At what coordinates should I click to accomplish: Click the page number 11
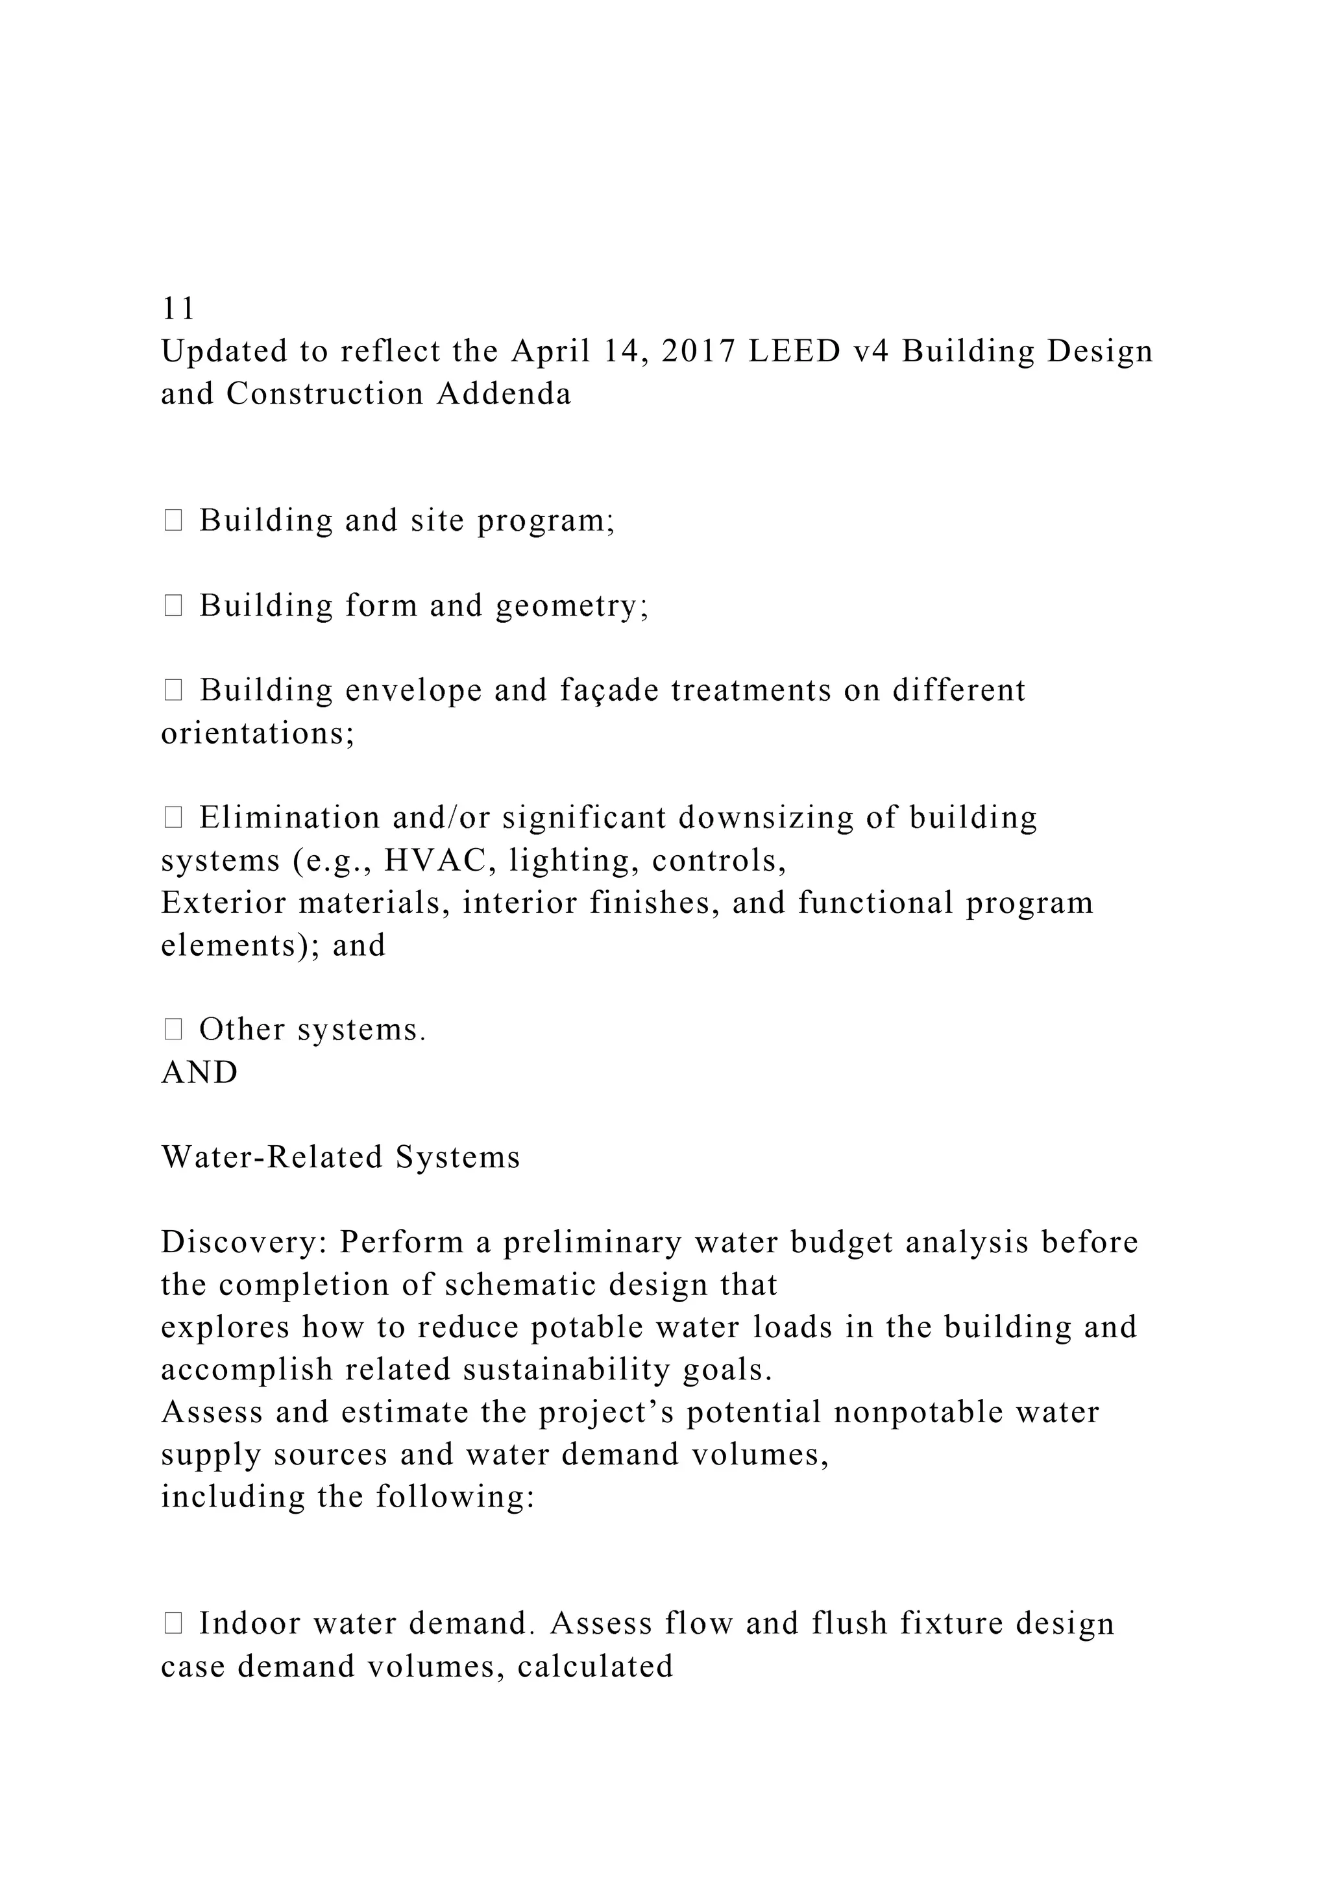pyautogui.click(x=178, y=309)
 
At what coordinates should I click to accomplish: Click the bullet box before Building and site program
pyautogui.click(x=173, y=520)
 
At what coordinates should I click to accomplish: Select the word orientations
pyautogui.click(x=258, y=733)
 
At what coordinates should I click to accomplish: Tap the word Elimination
pyautogui.click(x=289, y=818)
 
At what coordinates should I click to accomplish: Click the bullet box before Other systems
pyautogui.click(x=173, y=1030)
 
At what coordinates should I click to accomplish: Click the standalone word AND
pyautogui.click(x=200, y=1072)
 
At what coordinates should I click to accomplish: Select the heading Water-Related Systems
pyautogui.click(x=341, y=1158)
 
